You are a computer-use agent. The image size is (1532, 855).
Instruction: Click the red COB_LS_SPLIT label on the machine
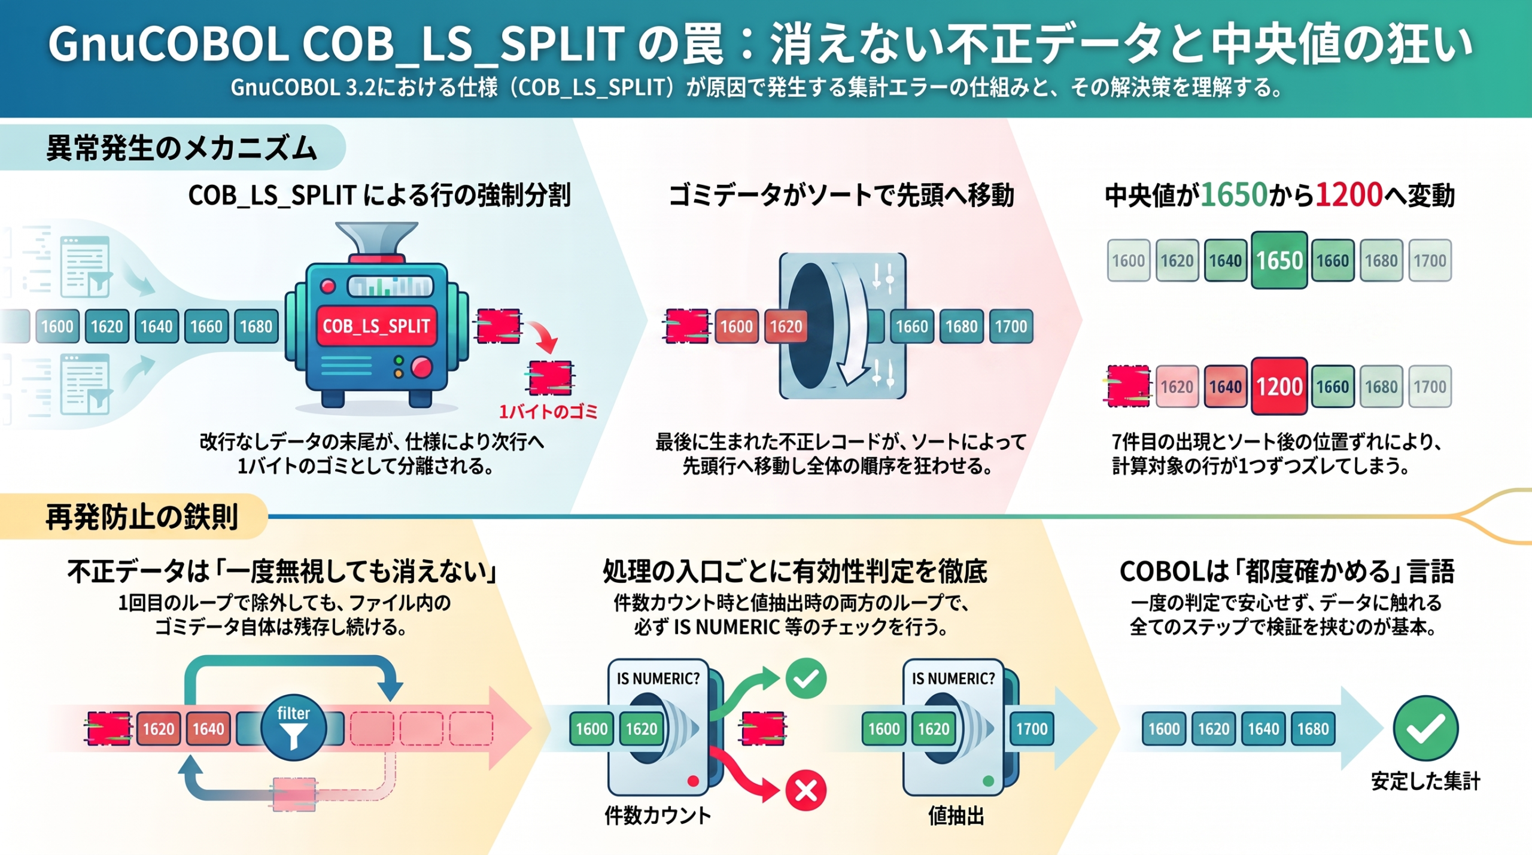376,326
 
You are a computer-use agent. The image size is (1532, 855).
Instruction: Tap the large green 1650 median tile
1279,260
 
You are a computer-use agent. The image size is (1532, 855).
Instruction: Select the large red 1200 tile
1279,387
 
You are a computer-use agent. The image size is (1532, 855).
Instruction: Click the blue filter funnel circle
293,728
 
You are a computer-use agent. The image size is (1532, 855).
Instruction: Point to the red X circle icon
805,790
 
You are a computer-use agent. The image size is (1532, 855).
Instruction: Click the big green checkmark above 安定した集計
1425,728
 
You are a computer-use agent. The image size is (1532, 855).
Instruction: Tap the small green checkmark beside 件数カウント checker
806,678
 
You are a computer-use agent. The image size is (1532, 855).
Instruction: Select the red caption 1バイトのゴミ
548,412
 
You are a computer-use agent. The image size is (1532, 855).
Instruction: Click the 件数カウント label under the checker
658,815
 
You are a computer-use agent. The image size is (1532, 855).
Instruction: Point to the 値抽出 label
956,815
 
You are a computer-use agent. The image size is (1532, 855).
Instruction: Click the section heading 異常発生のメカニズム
181,148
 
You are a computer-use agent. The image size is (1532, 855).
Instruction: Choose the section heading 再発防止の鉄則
142,516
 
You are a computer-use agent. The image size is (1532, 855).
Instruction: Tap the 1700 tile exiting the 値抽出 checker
1032,729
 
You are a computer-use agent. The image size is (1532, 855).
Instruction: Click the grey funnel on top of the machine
376,239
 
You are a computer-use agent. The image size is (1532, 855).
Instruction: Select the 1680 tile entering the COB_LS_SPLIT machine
256,326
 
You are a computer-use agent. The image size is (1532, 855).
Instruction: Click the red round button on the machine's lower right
421,367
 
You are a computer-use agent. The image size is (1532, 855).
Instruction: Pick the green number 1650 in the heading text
1234,195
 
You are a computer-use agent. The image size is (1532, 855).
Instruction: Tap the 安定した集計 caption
1425,781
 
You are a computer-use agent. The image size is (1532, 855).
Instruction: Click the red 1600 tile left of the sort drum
737,326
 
